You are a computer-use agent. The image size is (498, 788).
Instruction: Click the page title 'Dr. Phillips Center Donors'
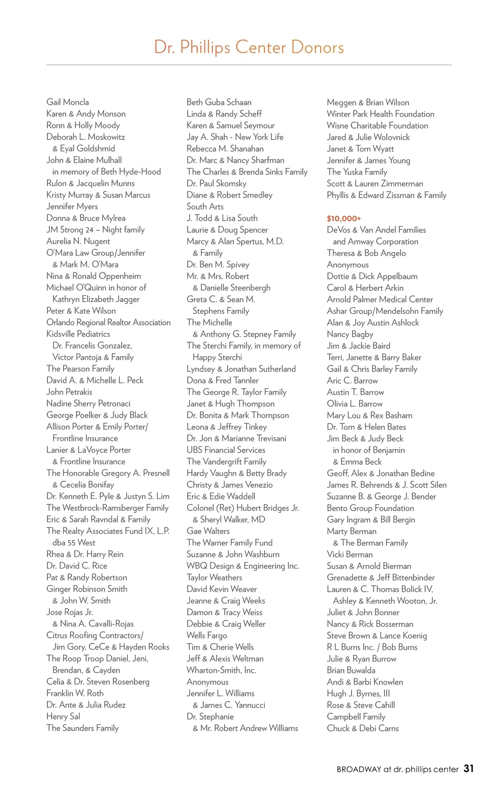pyautogui.click(x=249, y=47)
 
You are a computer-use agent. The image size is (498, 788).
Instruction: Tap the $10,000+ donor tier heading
pyautogui.click(x=344, y=218)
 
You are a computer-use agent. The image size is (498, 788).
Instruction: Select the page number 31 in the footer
pyautogui.click(x=469, y=769)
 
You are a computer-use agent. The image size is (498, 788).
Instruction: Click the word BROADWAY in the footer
pyautogui.click(x=359, y=769)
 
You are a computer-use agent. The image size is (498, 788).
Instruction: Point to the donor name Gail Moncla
pyautogui.click(x=68, y=102)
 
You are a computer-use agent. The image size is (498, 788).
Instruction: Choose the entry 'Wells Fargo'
pyautogui.click(x=207, y=635)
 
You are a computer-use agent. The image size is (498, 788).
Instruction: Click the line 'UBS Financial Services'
pyautogui.click(x=226, y=450)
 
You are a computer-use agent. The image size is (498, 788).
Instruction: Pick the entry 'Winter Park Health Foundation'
pyautogui.click(x=380, y=114)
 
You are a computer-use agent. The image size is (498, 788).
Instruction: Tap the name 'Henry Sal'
pyautogui.click(x=63, y=717)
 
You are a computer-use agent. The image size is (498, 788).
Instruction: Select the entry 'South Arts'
pyautogui.click(x=205, y=207)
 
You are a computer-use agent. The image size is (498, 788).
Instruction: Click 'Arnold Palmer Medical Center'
pyautogui.click(x=380, y=299)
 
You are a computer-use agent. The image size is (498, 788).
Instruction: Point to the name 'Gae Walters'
pyautogui.click(x=208, y=531)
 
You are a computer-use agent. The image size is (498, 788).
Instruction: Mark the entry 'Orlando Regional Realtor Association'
pyautogui.click(x=108, y=323)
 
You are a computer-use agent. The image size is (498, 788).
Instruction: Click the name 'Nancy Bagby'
pyautogui.click(x=350, y=334)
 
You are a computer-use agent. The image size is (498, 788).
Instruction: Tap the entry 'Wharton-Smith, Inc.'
pyautogui.click(x=221, y=670)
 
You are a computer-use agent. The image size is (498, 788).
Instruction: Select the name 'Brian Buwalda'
pyautogui.click(x=351, y=670)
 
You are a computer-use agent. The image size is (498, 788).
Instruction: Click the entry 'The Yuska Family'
pyautogui.click(x=357, y=172)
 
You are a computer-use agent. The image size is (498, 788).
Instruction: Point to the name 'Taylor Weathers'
pyautogui.click(x=214, y=578)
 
